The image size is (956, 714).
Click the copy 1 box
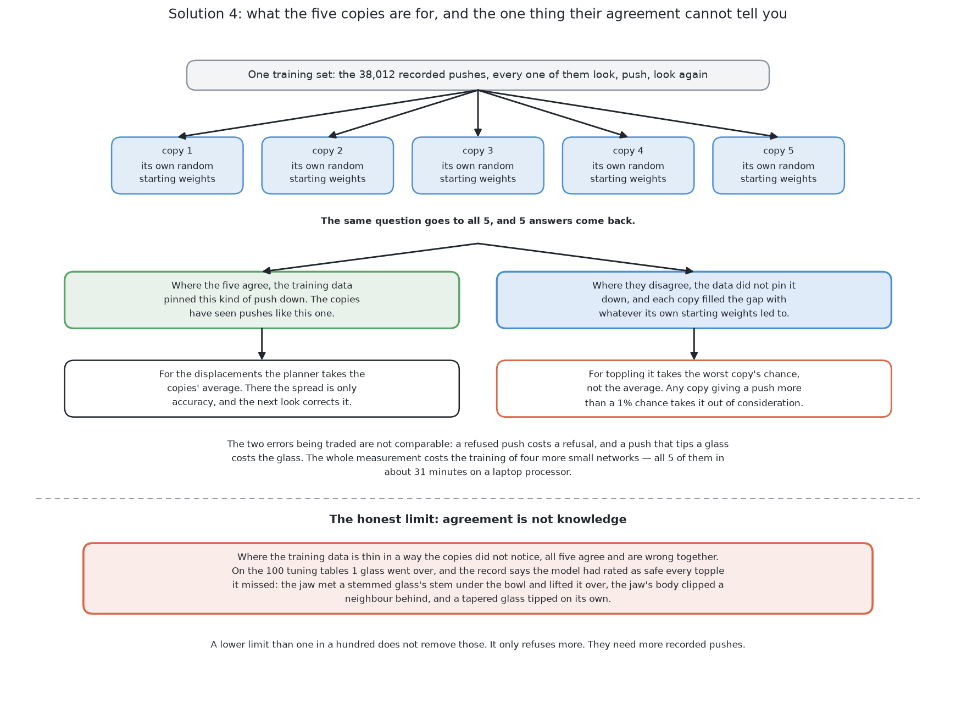(177, 165)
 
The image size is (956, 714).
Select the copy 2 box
(327, 165)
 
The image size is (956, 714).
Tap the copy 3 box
(478, 165)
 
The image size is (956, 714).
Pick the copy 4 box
(628, 165)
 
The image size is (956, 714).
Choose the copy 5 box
(779, 165)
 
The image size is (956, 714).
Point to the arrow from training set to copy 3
(478, 113)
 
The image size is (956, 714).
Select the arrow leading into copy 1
(328, 113)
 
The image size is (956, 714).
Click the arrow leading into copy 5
(628, 113)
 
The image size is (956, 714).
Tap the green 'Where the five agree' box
(262, 300)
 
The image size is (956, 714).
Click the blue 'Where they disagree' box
(694, 300)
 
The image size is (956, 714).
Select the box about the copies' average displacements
(262, 389)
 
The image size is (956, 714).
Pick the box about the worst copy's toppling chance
(694, 389)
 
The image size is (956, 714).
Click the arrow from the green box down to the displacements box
(262, 344)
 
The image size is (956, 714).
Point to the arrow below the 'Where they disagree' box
(694, 344)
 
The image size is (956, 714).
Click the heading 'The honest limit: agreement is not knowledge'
(478, 519)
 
